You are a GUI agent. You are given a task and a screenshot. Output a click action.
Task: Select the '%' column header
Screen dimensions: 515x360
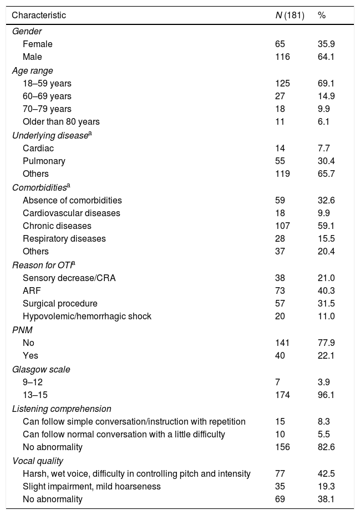pos(322,16)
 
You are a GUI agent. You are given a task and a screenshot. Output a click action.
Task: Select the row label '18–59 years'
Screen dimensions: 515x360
pos(47,84)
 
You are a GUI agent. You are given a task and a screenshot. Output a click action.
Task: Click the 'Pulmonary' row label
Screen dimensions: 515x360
pos(44,161)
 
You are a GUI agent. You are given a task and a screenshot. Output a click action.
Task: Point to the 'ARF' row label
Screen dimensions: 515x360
pos(31,291)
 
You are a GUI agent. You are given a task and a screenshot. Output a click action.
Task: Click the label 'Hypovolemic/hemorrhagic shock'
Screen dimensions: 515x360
pos(87,316)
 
